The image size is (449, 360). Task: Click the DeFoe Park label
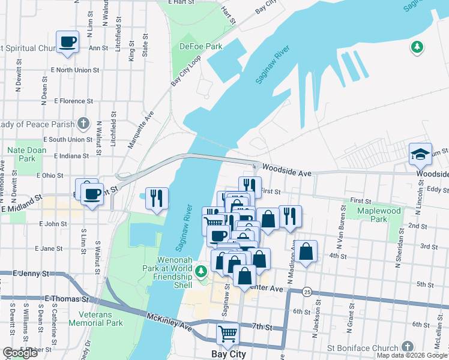(x=196, y=46)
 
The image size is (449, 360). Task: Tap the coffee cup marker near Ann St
(x=67, y=42)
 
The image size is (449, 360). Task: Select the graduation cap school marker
(x=421, y=154)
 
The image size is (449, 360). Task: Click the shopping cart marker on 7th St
(x=228, y=334)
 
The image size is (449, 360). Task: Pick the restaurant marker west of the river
(x=157, y=198)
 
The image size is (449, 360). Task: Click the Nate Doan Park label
(x=27, y=154)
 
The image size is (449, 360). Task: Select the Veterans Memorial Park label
(x=96, y=318)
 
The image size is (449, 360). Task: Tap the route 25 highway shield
(x=306, y=292)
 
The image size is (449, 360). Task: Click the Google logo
(x=20, y=353)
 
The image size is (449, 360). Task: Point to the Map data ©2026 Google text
(x=412, y=355)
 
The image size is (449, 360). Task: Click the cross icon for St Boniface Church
(x=408, y=347)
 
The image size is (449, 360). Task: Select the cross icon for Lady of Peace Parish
(x=83, y=124)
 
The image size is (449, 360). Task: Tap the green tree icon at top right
(x=416, y=47)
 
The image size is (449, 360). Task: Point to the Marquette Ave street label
(x=142, y=129)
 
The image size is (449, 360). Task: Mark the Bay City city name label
(x=229, y=354)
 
